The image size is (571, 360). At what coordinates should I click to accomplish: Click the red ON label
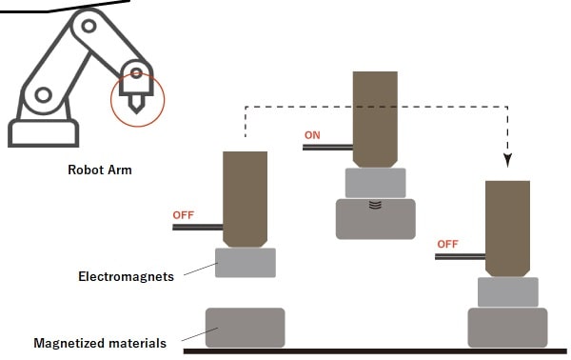(x=312, y=135)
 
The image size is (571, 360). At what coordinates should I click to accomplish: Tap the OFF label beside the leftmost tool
(x=183, y=215)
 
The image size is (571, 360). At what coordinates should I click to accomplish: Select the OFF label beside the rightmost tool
(x=447, y=244)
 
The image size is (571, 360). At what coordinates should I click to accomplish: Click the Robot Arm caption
(x=100, y=170)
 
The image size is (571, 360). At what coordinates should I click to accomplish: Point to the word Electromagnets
(x=126, y=276)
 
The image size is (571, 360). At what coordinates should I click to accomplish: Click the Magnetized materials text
(x=100, y=343)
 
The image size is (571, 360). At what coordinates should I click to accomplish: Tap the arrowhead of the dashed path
(x=507, y=160)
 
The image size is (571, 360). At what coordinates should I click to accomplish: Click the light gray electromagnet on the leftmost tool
(x=246, y=263)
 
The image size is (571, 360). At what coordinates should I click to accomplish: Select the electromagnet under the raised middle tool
(x=376, y=183)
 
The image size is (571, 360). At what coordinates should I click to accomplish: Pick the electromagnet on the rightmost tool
(x=508, y=291)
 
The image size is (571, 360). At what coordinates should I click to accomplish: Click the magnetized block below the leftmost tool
(x=246, y=328)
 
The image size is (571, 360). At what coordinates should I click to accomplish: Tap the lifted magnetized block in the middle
(x=376, y=219)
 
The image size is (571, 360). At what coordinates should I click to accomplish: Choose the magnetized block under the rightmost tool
(x=507, y=328)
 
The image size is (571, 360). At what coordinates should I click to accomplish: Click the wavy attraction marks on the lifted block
(x=375, y=205)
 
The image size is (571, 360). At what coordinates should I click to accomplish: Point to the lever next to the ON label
(x=327, y=148)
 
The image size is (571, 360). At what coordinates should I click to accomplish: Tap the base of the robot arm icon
(x=44, y=133)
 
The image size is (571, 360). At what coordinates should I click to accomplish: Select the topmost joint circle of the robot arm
(x=89, y=27)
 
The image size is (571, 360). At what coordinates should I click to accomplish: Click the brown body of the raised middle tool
(x=375, y=119)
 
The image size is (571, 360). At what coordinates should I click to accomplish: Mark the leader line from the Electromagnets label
(x=201, y=269)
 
